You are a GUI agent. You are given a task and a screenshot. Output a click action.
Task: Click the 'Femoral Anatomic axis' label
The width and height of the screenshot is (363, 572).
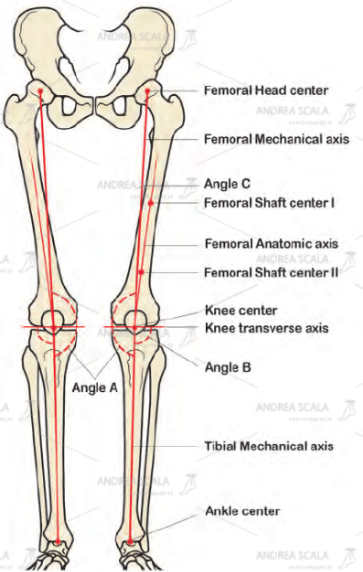coord(271,244)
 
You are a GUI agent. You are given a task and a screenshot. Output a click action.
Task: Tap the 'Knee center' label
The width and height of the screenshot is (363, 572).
coord(240,310)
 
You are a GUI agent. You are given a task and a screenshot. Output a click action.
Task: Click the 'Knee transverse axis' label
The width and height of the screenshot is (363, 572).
coord(267,327)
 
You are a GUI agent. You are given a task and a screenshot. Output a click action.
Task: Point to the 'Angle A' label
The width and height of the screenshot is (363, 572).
coord(94,386)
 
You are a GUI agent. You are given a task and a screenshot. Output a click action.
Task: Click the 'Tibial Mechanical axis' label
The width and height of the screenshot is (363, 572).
coord(269,446)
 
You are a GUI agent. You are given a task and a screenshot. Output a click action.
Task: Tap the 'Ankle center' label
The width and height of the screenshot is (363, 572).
coord(242,511)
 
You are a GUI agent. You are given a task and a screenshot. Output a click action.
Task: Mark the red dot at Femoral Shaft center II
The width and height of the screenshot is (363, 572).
coord(141,272)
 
